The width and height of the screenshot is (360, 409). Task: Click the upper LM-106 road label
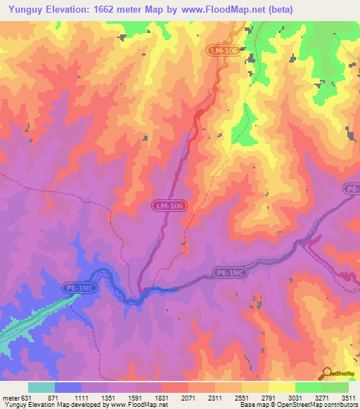(x=223, y=51)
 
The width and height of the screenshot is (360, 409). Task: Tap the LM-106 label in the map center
(x=169, y=205)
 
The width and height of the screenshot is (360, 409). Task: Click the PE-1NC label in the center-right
(x=230, y=271)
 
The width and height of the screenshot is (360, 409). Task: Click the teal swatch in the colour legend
(x=41, y=387)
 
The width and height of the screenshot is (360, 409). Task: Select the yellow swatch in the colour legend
(x=281, y=387)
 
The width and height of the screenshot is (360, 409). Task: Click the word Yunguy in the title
(x=27, y=10)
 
